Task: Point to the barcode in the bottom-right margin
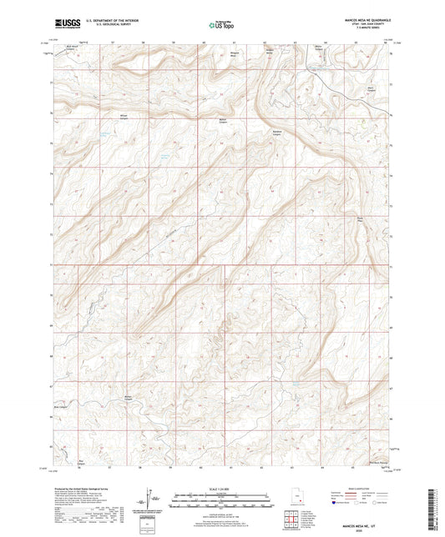(437, 509)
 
